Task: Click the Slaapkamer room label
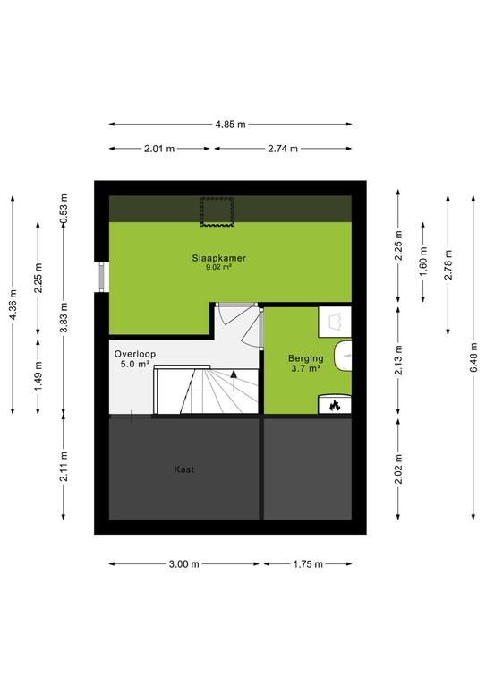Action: (x=218, y=258)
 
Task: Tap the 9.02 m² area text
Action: (x=218, y=267)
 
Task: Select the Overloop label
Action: (x=135, y=354)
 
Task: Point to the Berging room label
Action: (x=305, y=358)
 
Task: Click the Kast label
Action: (x=184, y=469)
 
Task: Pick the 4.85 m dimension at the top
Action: (x=230, y=125)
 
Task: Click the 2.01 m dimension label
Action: (x=159, y=149)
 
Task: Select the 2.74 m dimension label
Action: (x=283, y=149)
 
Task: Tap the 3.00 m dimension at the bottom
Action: (x=184, y=564)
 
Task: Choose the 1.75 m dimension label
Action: (x=308, y=564)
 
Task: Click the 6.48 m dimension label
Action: (x=473, y=357)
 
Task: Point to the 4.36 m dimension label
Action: (x=13, y=305)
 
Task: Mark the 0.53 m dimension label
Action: (x=64, y=209)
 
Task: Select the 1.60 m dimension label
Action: (x=423, y=262)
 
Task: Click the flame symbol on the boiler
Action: (x=335, y=406)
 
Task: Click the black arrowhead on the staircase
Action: (x=234, y=374)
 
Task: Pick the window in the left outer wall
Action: (x=102, y=277)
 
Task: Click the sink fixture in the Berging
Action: (x=343, y=356)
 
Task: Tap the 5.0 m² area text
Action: (x=135, y=364)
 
